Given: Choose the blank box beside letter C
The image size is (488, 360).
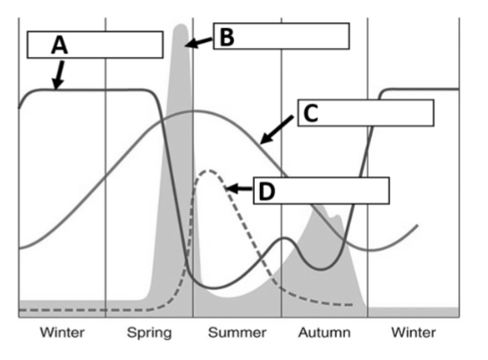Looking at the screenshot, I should (x=375, y=113).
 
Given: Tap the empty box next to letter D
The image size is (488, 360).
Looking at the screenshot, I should (x=331, y=190).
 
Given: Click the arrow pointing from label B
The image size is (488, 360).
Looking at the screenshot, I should (x=198, y=41).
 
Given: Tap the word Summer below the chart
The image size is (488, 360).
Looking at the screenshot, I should (x=236, y=333).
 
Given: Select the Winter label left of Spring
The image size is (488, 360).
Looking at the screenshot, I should (x=61, y=333).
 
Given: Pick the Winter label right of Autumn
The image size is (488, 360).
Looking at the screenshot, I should (x=414, y=333).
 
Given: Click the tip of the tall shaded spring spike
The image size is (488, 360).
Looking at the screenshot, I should (x=181, y=24).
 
